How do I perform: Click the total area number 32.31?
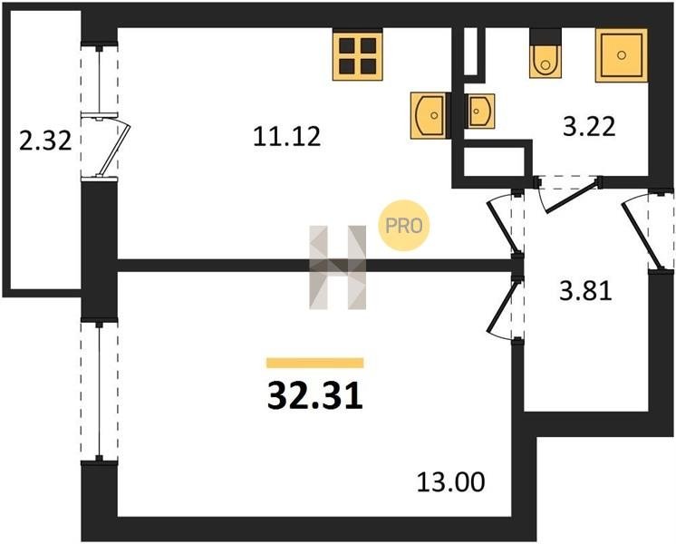point(315,396)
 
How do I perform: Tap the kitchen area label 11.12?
point(286,136)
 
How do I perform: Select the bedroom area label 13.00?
point(450,481)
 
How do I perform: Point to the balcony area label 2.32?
point(45,141)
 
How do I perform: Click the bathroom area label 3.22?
point(589,127)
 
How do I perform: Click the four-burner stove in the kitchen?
point(357,56)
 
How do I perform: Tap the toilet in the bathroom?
point(546,53)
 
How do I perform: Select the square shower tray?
point(622,55)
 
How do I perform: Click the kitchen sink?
point(428,115)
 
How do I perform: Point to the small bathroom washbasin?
point(479,111)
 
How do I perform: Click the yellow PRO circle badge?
point(404,226)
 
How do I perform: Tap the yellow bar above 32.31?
point(315,363)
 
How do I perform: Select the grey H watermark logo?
point(338,267)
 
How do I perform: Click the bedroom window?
point(99,390)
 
